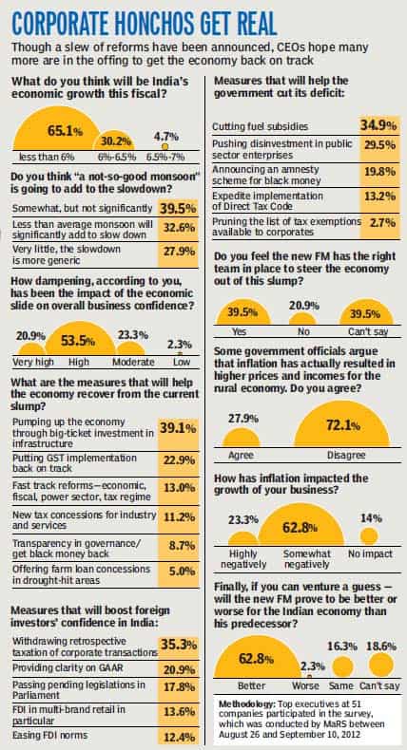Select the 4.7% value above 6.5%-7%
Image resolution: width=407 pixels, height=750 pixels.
(165, 137)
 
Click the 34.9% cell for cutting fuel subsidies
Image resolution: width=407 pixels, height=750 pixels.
(379, 126)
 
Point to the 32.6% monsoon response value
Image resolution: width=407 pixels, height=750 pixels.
(178, 229)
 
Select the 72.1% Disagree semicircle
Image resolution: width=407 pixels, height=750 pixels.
(341, 426)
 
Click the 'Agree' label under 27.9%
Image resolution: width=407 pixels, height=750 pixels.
(241, 456)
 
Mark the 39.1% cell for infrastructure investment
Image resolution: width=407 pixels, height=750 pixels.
(178, 433)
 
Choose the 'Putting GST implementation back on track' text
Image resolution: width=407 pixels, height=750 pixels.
(74, 463)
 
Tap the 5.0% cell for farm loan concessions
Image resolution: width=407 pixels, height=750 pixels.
(178, 574)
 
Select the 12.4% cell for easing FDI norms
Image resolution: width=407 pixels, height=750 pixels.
(178, 737)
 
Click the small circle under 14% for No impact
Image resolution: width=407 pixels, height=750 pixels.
(369, 535)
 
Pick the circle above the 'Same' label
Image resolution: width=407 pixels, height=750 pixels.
(342, 666)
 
